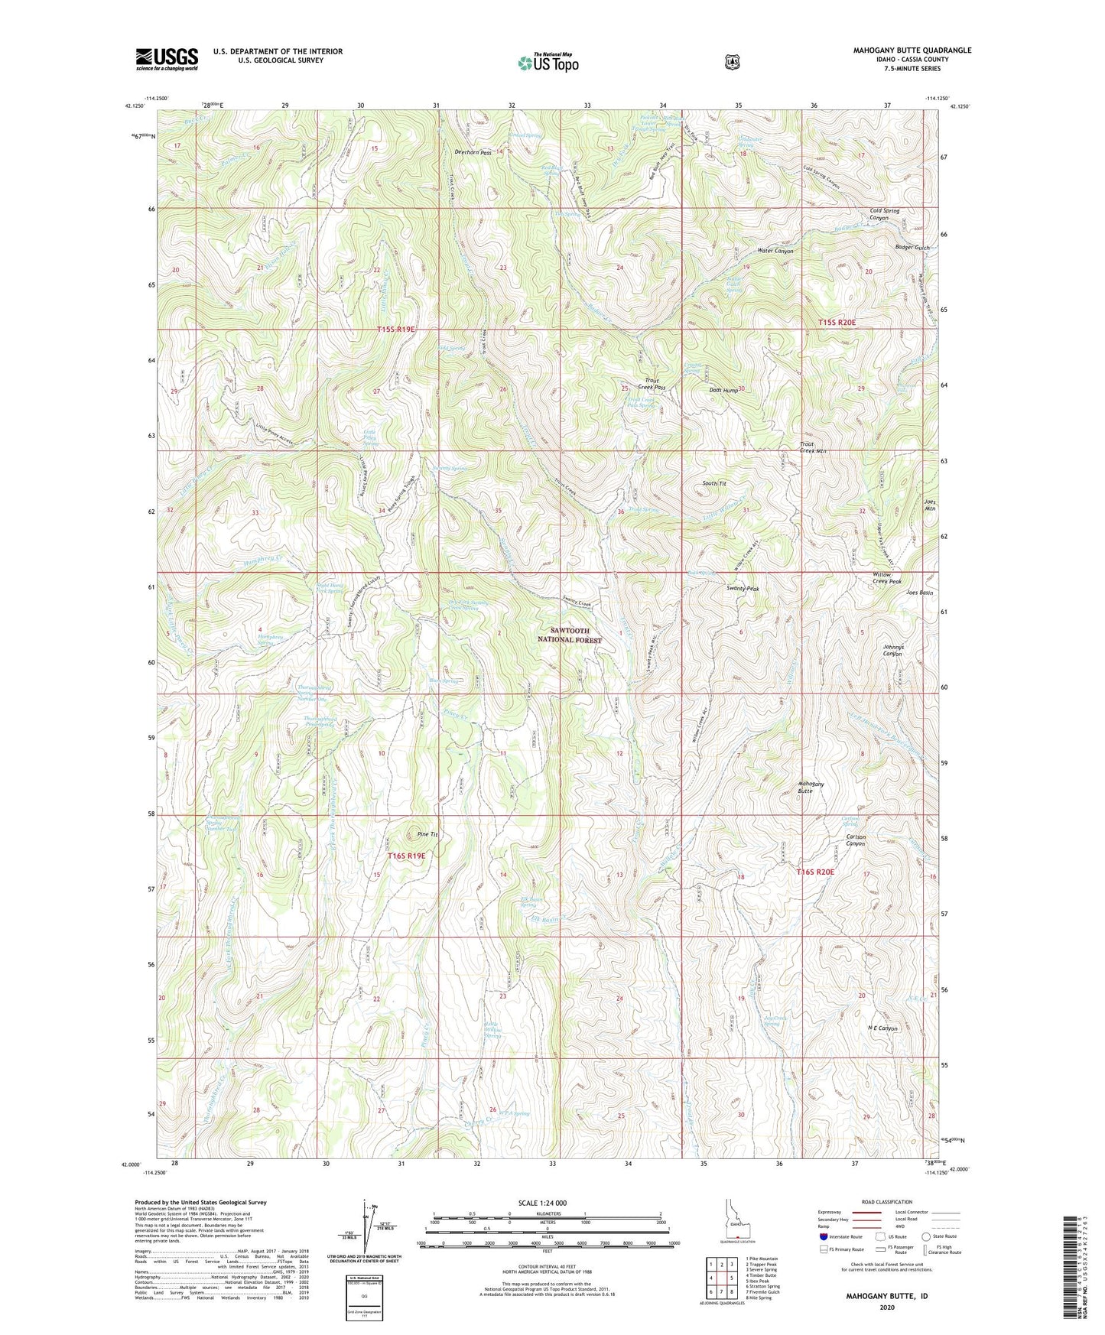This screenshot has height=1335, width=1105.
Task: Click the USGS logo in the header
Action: point(167,59)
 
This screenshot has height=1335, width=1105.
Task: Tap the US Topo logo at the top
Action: point(546,63)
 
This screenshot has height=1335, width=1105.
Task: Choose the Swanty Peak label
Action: point(742,590)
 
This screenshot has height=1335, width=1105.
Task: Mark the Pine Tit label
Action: point(427,834)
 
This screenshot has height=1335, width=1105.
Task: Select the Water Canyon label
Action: point(775,251)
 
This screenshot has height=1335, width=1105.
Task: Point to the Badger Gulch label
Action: point(912,248)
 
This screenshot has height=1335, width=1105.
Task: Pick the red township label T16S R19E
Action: point(405,856)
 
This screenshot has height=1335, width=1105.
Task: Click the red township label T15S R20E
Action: point(837,323)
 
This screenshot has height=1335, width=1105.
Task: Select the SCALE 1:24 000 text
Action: point(545,1203)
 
